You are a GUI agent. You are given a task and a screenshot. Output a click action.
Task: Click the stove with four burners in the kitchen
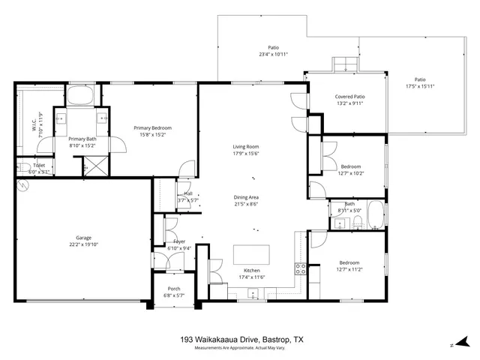300,269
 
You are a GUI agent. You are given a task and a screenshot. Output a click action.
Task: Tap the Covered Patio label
349,97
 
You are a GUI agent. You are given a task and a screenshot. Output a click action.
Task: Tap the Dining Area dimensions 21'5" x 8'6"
245,204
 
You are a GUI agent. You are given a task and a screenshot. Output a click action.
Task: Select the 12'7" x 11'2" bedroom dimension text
350,270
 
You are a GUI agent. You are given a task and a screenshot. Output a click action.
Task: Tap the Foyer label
179,241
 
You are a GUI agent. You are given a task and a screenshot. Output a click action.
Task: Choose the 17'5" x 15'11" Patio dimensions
420,86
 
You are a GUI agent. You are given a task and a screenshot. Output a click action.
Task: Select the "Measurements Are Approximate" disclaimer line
240,348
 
